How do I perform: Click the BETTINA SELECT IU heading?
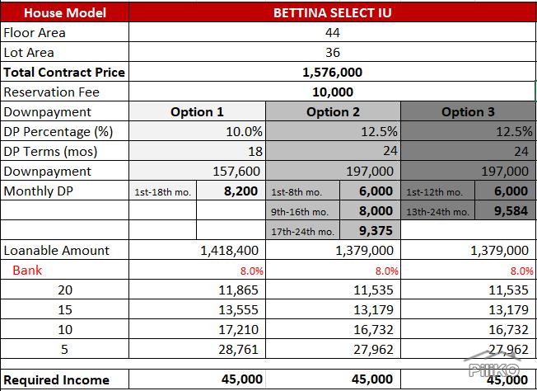[332, 12]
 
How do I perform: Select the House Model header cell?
[65, 12]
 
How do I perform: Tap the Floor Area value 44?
[333, 33]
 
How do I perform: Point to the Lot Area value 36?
[333, 53]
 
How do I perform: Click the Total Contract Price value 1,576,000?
[332, 73]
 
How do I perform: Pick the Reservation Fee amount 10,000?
[333, 92]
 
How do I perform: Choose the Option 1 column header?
[197, 112]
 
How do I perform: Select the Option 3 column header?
[468, 112]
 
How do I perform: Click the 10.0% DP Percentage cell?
[244, 132]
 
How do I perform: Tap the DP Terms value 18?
[255, 151]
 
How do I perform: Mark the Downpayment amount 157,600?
[236, 171]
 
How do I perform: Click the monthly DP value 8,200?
[240, 191]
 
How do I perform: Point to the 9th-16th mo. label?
[300, 212]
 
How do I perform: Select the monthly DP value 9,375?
[376, 230]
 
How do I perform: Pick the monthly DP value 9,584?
[511, 211]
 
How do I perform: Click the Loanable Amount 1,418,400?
[229, 251]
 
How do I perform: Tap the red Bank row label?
[27, 271]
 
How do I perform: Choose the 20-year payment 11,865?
[238, 290]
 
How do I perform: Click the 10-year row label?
[65, 330]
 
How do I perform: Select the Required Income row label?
[57, 380]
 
